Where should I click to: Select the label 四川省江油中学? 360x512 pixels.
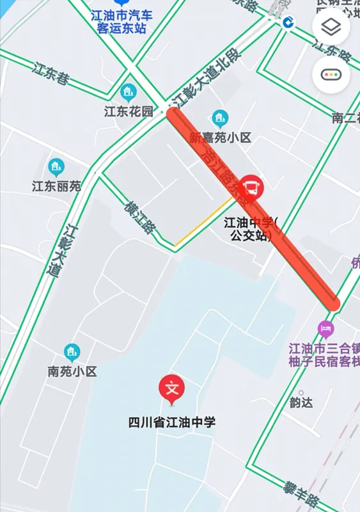pos(172,422)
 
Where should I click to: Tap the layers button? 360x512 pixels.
pos(331,28)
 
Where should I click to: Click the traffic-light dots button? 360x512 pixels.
pos(331,74)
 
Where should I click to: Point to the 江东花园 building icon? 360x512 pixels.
pos(129,92)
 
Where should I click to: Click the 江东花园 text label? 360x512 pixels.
pos(129,111)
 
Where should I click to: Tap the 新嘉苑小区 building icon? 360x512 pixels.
pos(220,118)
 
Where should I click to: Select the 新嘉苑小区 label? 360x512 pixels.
pos(221,138)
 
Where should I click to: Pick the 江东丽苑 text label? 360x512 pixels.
pos(56,187)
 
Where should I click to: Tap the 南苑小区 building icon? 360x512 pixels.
pos(72,352)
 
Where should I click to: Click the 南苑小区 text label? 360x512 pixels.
pos(72,371)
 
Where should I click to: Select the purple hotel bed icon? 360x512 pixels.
pos(326,330)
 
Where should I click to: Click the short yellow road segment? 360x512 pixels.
pos(203,221)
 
